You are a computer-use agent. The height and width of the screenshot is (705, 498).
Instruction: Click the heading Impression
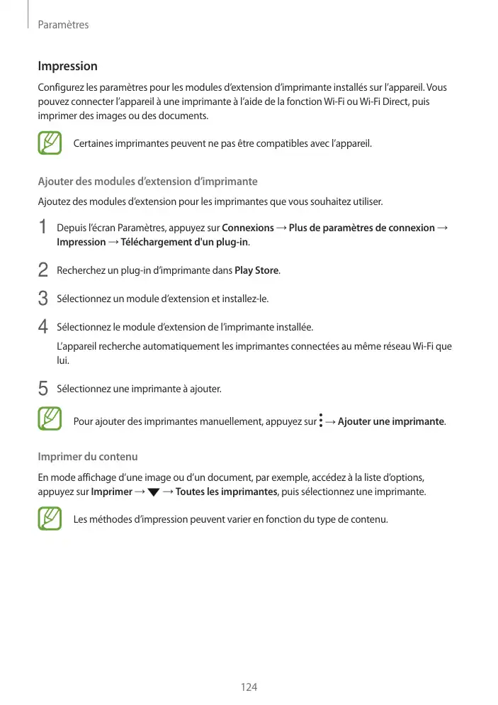(x=67, y=67)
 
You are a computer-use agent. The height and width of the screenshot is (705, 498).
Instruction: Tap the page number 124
(x=249, y=687)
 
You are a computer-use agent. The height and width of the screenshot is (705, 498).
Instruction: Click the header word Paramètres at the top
(x=63, y=25)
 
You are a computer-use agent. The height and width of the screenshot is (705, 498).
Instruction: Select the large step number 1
(x=44, y=228)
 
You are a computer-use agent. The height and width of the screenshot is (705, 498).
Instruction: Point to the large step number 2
(x=44, y=270)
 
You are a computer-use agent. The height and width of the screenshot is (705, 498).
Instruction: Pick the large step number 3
(x=44, y=299)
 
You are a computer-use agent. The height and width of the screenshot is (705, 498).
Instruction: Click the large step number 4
(x=44, y=327)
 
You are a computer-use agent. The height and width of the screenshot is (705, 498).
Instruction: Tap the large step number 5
(x=44, y=389)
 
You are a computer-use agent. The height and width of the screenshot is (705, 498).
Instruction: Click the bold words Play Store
(x=256, y=270)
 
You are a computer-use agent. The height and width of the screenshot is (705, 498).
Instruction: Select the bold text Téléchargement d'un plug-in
(x=184, y=243)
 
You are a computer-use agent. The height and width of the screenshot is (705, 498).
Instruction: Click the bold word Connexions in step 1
(x=248, y=228)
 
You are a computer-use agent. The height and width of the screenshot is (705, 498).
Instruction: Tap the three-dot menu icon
(x=321, y=421)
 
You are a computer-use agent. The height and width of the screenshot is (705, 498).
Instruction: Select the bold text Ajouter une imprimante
(x=391, y=422)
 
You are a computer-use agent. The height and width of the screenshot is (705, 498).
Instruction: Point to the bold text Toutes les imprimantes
(x=225, y=492)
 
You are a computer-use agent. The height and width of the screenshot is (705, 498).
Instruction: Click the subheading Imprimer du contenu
(x=87, y=455)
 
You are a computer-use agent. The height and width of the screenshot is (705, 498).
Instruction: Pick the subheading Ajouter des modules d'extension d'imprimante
(x=147, y=181)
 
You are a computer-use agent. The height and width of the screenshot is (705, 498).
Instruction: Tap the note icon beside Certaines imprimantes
(x=51, y=143)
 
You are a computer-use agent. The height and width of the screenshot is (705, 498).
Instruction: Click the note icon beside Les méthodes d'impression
(x=51, y=519)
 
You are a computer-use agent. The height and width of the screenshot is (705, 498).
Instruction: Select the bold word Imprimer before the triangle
(x=111, y=492)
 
